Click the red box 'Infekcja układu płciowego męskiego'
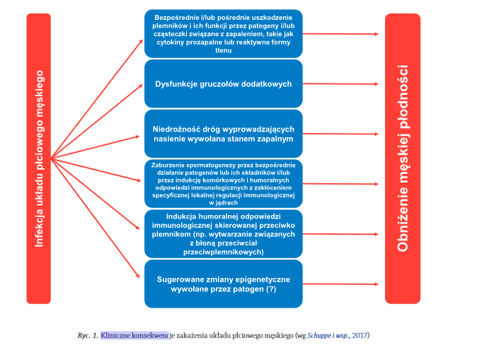click(39, 158)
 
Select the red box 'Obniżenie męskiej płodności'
click(403, 158)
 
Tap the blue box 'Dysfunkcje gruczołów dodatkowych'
click(224, 83)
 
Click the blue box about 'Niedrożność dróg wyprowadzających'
click(224, 134)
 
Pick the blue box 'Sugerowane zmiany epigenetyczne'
click(224, 284)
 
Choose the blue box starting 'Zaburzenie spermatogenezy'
click(224, 184)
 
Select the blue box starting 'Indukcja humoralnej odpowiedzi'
click(224, 234)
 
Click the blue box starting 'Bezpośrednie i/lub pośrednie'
click(224, 33)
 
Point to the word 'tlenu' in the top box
click(224, 50)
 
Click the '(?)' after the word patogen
click(271, 289)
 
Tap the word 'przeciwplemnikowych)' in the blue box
click(224, 252)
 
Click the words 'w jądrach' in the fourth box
click(224, 203)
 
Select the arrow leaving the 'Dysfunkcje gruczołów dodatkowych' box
click(340, 83)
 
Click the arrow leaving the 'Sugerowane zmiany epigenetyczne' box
click(340, 284)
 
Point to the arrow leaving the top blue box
click(340, 34)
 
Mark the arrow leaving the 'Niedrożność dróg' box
click(340, 134)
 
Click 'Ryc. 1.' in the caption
click(88, 336)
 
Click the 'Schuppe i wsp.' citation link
click(328, 336)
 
